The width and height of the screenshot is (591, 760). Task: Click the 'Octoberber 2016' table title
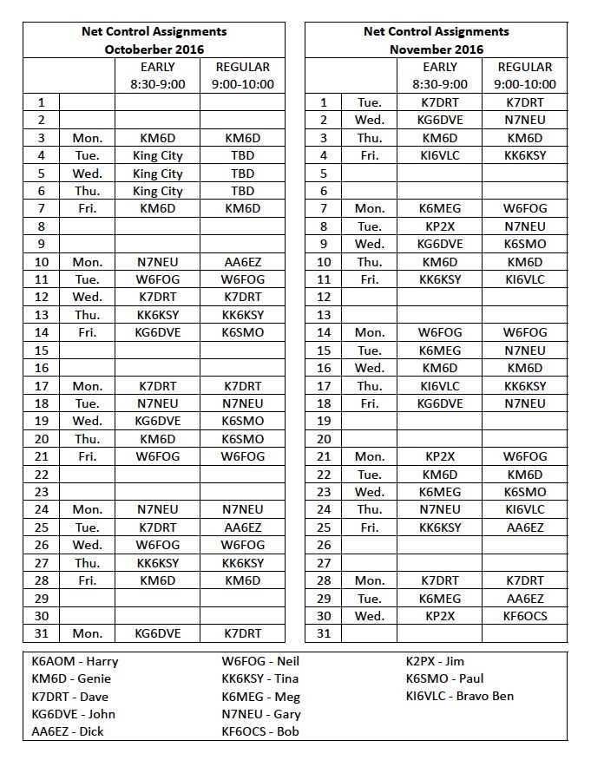point(154,49)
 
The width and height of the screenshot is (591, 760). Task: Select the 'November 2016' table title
point(436,49)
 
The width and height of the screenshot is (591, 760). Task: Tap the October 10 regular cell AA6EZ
point(242,261)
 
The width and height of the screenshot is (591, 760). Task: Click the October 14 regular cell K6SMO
point(242,332)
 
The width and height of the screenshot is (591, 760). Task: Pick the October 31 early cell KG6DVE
point(157,633)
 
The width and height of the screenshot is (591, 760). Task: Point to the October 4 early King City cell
point(157,155)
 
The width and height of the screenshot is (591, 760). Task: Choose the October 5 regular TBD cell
point(242,173)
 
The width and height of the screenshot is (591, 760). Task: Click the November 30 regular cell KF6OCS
point(525,616)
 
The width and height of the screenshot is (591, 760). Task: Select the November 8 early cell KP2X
point(440,226)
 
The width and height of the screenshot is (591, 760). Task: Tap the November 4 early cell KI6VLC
point(440,155)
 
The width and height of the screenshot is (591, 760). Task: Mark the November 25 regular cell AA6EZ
point(525,527)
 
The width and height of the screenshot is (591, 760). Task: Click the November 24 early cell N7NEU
point(440,509)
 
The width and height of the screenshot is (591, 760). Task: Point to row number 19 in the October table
point(41,421)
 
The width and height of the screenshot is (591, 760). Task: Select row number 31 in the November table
point(324,633)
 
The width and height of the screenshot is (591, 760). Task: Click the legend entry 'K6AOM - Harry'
point(75,661)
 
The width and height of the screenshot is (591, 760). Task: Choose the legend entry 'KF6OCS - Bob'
point(259,731)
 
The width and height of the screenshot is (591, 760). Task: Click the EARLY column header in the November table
point(440,67)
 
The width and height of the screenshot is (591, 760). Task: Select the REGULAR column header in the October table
point(242,67)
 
